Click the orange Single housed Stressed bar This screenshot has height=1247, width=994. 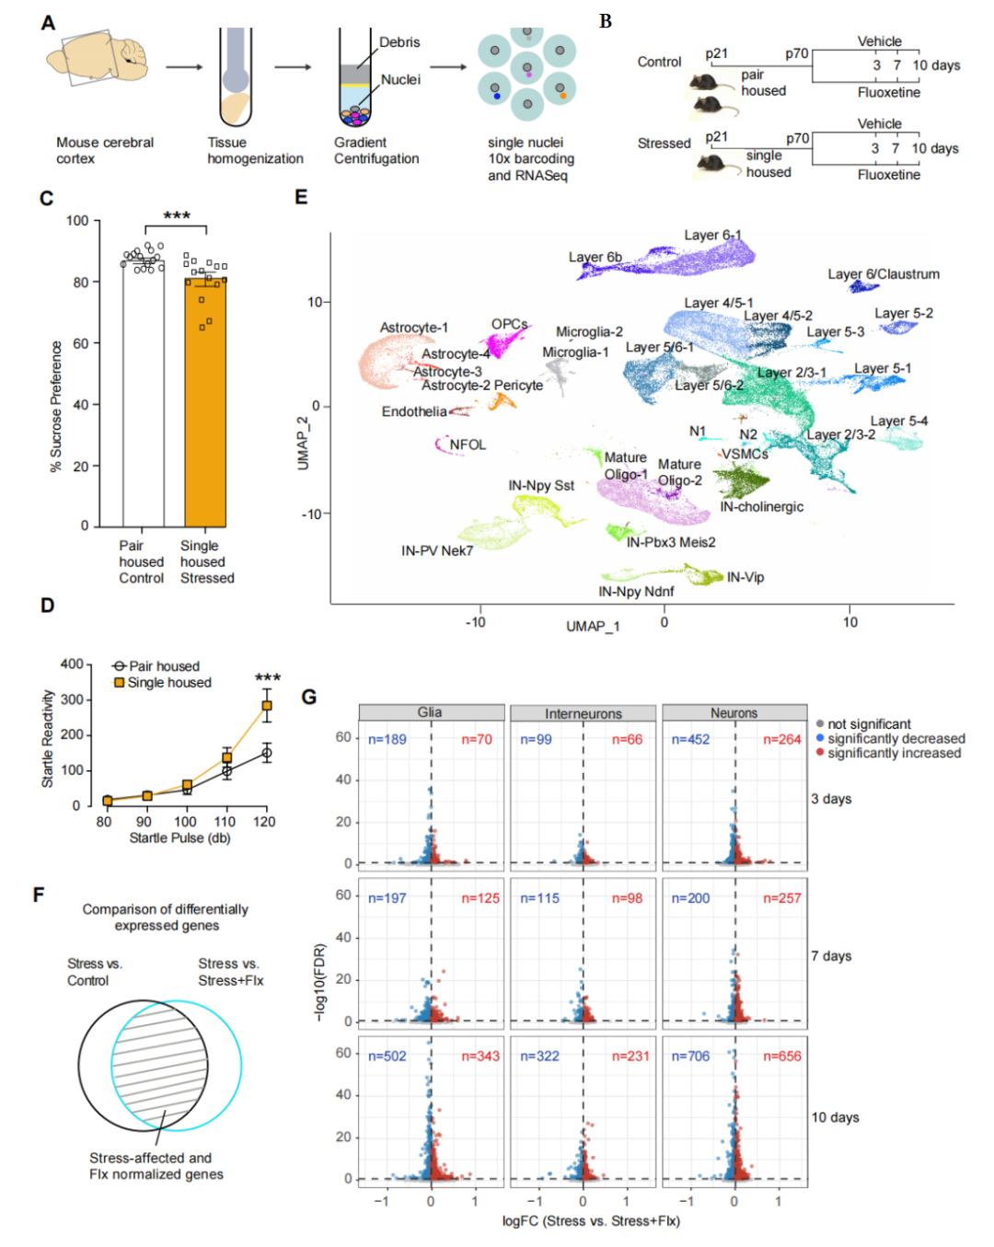(x=205, y=402)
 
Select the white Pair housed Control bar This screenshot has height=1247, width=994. (x=144, y=394)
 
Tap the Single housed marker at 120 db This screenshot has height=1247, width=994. (x=267, y=705)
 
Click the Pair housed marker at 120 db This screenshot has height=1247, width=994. (x=267, y=753)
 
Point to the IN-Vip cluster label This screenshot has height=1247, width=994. (x=745, y=577)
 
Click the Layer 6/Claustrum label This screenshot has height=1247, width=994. (x=884, y=274)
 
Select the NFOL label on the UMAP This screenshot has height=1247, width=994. (x=468, y=445)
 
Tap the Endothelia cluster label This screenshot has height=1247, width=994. (x=414, y=411)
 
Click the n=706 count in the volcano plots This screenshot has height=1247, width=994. (x=690, y=1056)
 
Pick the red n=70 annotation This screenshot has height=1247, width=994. (x=477, y=739)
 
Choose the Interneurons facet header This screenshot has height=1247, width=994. (x=584, y=712)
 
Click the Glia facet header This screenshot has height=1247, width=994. (x=432, y=712)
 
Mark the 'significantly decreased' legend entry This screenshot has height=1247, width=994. (x=890, y=738)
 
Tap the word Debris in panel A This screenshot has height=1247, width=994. (x=399, y=42)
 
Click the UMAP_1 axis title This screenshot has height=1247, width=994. (x=593, y=627)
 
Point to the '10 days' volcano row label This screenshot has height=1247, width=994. (x=835, y=1117)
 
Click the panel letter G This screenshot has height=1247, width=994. (x=309, y=697)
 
